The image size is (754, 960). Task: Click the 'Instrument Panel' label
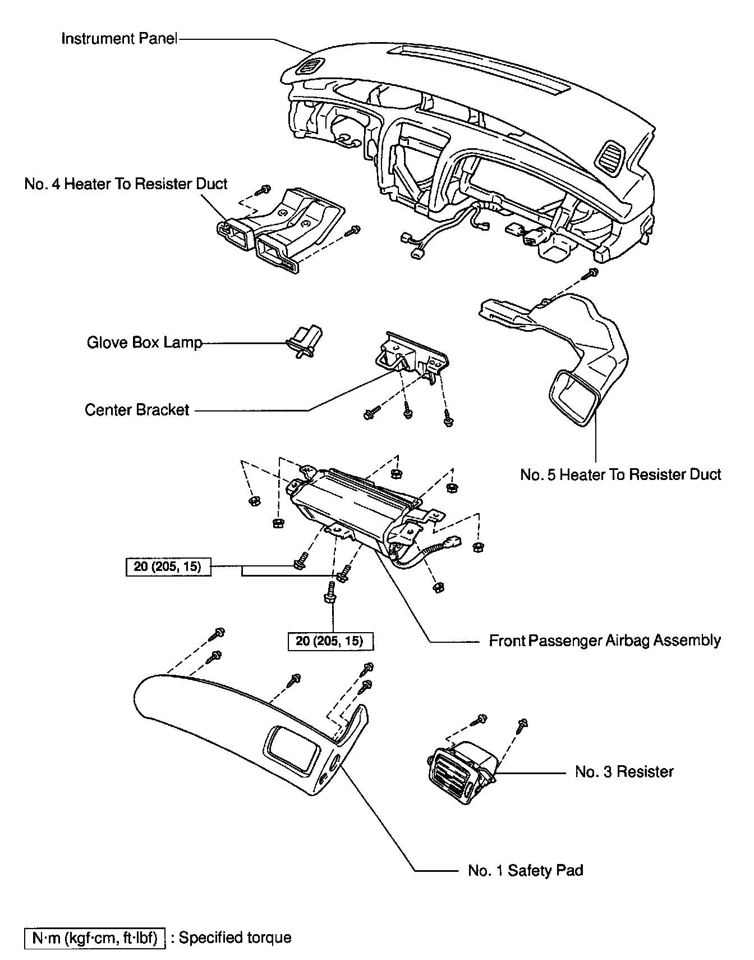(119, 39)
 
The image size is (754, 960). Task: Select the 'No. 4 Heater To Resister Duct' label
(126, 184)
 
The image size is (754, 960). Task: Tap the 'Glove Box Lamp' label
(144, 342)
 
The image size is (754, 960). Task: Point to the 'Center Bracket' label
(137, 410)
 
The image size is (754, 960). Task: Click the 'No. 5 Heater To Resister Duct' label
(620, 475)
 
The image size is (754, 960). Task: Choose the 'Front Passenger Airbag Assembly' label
(605, 641)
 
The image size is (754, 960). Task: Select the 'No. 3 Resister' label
(624, 771)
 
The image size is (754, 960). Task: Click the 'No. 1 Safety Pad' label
(526, 871)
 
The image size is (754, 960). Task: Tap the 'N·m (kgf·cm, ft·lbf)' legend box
(95, 938)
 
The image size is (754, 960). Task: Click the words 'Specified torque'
(235, 938)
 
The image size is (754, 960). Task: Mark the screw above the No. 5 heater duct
(590, 275)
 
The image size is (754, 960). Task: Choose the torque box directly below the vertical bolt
(330, 641)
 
